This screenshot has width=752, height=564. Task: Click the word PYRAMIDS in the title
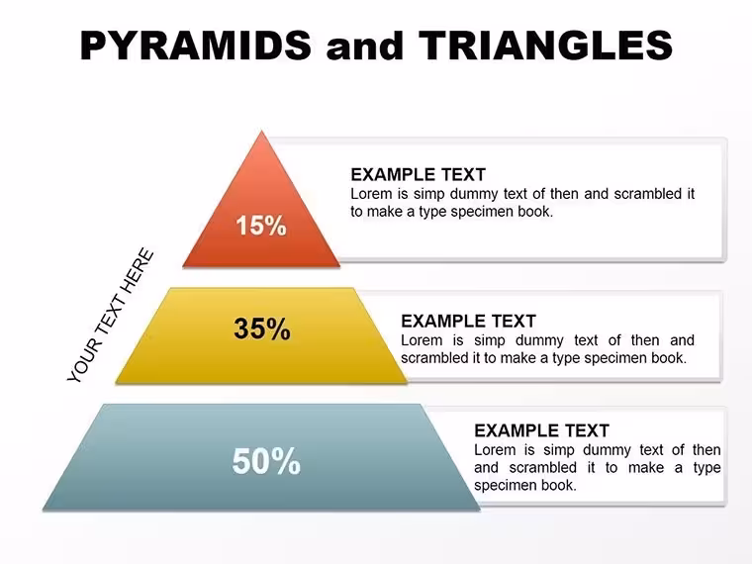tap(196, 46)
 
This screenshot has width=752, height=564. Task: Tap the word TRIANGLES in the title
tap(545, 46)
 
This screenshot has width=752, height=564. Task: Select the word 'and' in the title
tap(364, 47)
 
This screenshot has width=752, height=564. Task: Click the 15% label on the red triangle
tap(261, 225)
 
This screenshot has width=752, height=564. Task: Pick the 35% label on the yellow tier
tap(262, 329)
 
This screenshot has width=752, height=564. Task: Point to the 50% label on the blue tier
tap(266, 461)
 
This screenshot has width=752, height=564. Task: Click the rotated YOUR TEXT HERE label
tap(111, 316)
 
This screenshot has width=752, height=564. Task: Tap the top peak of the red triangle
tap(262, 131)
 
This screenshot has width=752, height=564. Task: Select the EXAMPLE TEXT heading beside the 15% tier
tap(419, 174)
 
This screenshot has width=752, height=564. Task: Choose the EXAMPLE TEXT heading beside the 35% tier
tap(468, 321)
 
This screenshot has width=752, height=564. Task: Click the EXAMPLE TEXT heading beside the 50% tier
tap(541, 430)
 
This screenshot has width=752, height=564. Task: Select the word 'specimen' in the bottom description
tap(506, 486)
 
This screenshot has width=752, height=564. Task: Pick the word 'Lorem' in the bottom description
tap(495, 450)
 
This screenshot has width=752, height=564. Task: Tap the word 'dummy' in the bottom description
tap(607, 451)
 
